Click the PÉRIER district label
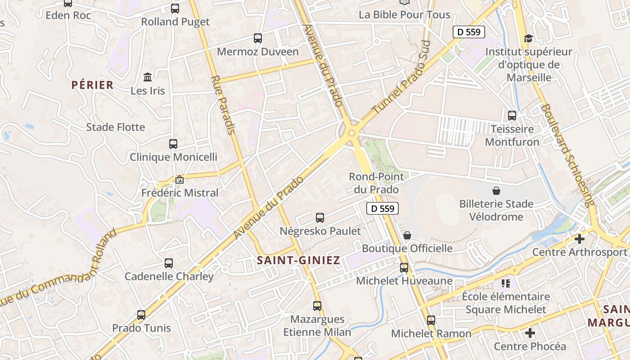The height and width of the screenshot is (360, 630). click(92, 85)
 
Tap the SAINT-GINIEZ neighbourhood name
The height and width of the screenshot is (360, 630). click(298, 260)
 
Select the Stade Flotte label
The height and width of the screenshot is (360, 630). click(116, 127)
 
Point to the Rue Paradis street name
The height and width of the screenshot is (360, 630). click(223, 105)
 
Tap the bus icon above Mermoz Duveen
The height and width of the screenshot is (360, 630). click(258, 38)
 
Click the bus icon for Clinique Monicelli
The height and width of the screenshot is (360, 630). click(173, 144)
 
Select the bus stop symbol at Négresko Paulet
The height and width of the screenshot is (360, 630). click(320, 218)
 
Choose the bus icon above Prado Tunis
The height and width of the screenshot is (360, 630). click(141, 315)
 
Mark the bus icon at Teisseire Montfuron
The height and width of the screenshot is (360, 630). click(512, 116)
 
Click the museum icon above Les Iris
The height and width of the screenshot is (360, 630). click(148, 77)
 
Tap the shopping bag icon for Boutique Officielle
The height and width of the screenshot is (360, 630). click(407, 235)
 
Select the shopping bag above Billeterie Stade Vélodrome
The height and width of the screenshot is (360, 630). click(496, 191)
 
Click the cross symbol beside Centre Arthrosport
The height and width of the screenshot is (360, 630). click(580, 239)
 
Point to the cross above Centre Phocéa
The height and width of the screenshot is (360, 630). click(530, 333)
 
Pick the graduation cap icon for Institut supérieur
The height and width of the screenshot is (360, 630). click(528, 39)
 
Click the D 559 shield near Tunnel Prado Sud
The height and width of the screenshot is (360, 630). click(468, 32)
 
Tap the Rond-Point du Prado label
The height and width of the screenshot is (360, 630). click(376, 183)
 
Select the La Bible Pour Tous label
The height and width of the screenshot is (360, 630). click(404, 14)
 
